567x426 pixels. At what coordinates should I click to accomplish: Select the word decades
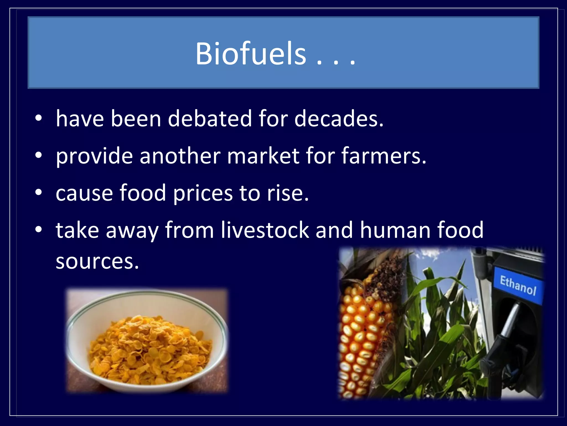pyautogui.click(x=339, y=119)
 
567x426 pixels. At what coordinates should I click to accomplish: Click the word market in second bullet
pyautogui.click(x=263, y=156)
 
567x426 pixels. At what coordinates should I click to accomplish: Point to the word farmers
pyautogui.click(x=383, y=156)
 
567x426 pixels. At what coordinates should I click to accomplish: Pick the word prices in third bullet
pyautogui.click(x=203, y=193)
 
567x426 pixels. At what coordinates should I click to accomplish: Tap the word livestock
pyautogui.click(x=265, y=230)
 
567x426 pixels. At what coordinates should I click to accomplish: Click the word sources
pyautogui.click(x=97, y=262)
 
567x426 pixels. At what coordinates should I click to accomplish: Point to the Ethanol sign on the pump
pyautogui.click(x=518, y=285)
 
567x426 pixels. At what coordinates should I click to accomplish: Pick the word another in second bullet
pyautogui.click(x=180, y=156)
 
